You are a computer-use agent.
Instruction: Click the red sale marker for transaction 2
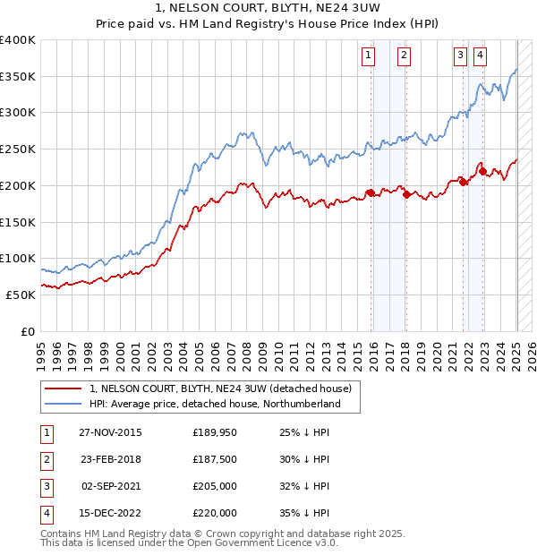pyautogui.click(x=406, y=194)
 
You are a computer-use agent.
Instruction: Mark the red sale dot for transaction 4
pyautogui.click(x=482, y=171)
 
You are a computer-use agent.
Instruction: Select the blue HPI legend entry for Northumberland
pyautogui.click(x=215, y=404)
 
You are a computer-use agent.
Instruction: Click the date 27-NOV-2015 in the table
pyautogui.click(x=110, y=432)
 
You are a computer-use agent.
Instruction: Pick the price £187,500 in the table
pyautogui.click(x=215, y=459)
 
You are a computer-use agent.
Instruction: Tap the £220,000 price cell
pyautogui.click(x=215, y=513)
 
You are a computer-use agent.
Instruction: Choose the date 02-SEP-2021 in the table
pyautogui.click(x=110, y=486)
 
